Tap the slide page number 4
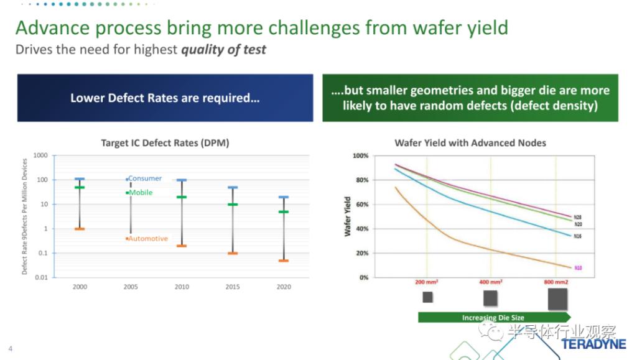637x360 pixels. pos(10,349)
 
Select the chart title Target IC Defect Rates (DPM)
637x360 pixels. pos(165,143)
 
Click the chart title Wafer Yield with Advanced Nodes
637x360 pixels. pos(470,143)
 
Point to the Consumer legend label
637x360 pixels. pos(145,178)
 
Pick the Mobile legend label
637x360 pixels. pos(141,193)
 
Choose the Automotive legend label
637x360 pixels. pos(148,239)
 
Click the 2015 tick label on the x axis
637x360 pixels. pos(232,287)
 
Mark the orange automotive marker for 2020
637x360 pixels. pos(283,261)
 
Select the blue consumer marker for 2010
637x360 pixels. pos(182,180)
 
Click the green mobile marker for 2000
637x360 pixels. pos(80,187)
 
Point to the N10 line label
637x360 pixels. pos(578,268)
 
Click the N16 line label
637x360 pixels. pos(578,236)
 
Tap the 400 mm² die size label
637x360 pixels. pos(490,282)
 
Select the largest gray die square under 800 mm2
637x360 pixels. pos(557,298)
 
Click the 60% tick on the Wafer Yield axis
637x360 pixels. pos(361,205)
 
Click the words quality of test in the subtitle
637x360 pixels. pos(223,50)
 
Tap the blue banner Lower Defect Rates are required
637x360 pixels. pos(165,98)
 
